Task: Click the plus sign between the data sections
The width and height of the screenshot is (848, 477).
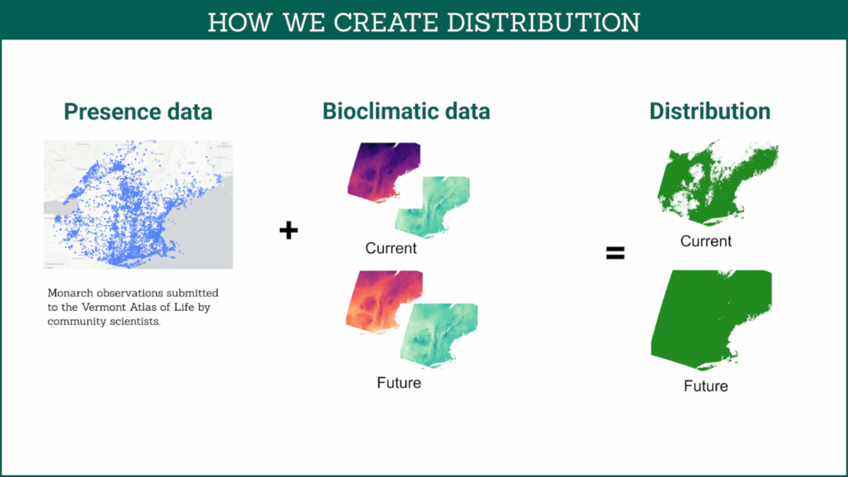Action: [288, 230]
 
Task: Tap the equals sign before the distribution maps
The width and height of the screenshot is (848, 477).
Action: [616, 253]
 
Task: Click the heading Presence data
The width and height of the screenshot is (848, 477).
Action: [139, 112]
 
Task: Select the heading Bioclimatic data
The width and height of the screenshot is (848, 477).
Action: [406, 112]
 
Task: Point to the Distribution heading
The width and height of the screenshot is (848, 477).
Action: [709, 112]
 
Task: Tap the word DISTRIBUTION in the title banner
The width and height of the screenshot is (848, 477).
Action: [543, 23]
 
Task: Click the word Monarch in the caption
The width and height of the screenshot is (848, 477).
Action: [71, 293]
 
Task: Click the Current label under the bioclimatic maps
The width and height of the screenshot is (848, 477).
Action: [391, 248]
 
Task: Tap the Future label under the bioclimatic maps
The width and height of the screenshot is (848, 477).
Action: [399, 383]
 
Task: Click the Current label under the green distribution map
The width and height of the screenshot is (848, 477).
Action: [706, 241]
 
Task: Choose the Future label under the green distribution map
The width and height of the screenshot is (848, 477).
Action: [706, 386]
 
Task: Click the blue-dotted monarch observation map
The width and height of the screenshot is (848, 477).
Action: [139, 204]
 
